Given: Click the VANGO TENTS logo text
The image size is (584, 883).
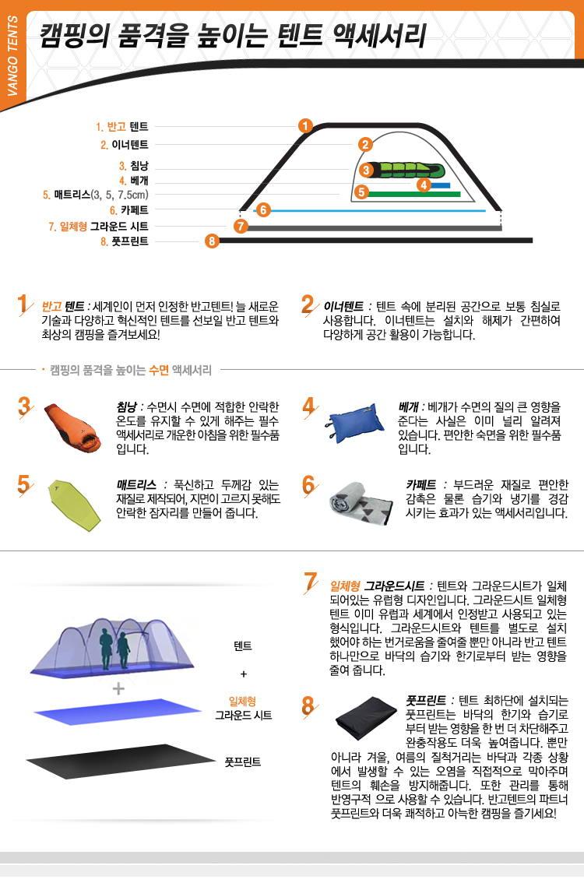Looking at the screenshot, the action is click(x=12, y=56).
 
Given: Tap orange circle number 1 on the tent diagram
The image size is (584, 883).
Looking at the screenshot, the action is click(x=305, y=125).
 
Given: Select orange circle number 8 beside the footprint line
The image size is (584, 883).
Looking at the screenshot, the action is click(x=211, y=241).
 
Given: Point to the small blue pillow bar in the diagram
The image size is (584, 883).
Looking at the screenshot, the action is click(x=441, y=185).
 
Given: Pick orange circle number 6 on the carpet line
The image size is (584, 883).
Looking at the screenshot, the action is click(x=263, y=210).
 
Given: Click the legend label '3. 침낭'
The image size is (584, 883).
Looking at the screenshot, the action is click(x=133, y=166).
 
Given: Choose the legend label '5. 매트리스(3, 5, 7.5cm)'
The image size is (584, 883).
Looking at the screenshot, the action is click(x=96, y=195).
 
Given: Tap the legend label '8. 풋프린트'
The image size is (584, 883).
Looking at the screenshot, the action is click(x=125, y=241).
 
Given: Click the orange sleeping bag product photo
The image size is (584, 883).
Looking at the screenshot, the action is click(x=72, y=428).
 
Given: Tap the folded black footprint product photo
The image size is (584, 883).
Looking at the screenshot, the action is click(x=366, y=718).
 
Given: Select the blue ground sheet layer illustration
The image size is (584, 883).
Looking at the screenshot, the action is click(x=117, y=711).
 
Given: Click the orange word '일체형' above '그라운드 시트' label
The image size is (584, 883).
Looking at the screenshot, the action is click(x=242, y=701).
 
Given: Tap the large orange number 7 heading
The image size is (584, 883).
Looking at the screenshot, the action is click(x=311, y=582).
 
